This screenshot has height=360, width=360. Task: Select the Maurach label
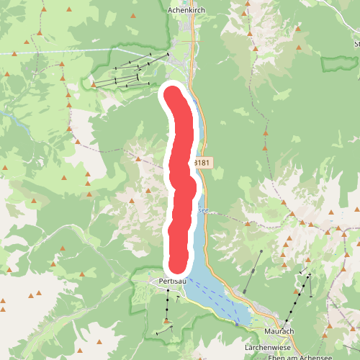click(x=279, y=331)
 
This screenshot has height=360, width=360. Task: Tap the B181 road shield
click(x=202, y=163)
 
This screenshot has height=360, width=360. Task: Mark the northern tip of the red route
click(x=173, y=94)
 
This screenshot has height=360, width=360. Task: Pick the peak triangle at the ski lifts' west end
click(x=94, y=85)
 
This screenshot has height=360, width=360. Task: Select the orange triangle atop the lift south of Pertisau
click(x=167, y=320)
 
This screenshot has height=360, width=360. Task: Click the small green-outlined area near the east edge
click(x=338, y=63)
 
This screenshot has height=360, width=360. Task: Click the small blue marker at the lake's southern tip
click(x=236, y=324)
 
